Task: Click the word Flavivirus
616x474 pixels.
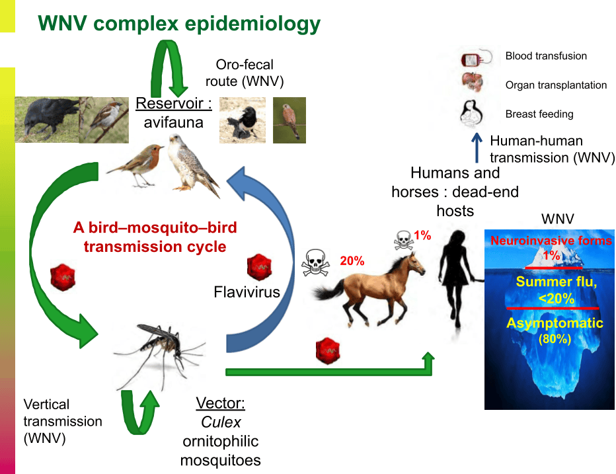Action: pos(247,292)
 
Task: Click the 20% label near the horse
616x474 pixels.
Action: pos(352,261)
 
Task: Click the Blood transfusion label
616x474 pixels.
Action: pos(546,56)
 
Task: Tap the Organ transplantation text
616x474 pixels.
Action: pos(556,85)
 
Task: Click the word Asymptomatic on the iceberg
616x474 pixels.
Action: pos(555,323)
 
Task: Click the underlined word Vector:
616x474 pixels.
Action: pos(220,403)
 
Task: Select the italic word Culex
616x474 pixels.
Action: pos(221,422)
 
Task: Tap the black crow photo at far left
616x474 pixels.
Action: pos(47,120)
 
